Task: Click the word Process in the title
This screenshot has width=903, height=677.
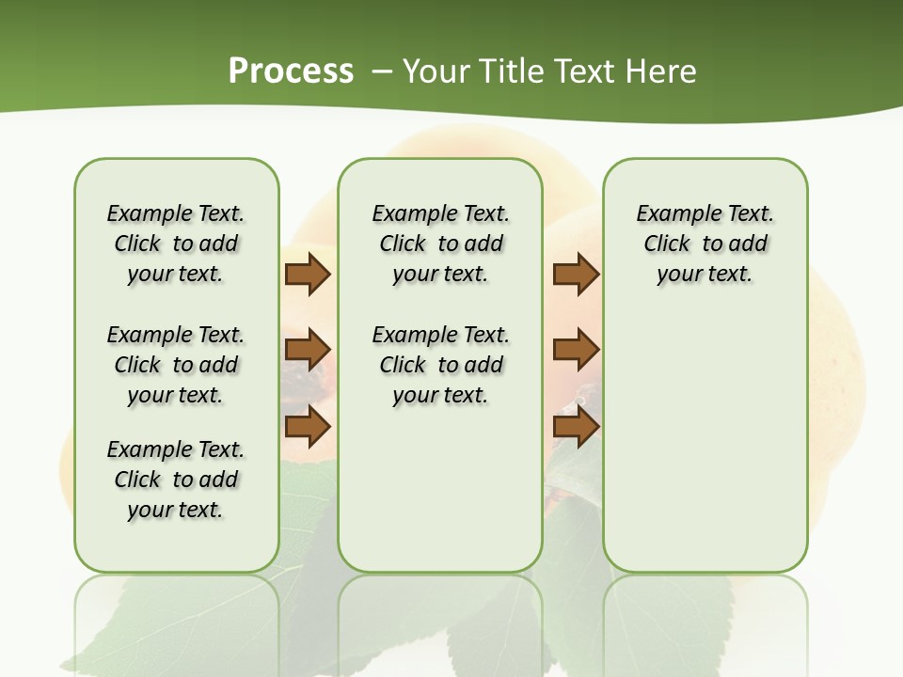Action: pos(291,71)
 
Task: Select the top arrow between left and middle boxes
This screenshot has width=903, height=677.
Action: pos(308,275)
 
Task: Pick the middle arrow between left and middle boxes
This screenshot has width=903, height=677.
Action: pos(308,350)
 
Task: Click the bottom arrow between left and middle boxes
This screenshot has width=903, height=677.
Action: pos(308,426)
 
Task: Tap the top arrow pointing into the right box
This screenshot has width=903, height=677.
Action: pos(576,275)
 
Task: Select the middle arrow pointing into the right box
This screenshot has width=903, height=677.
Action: pos(576,350)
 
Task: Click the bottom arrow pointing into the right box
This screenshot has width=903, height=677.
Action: pos(576,426)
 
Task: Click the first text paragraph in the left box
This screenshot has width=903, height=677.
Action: pos(176,244)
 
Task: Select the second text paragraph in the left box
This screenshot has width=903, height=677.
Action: pos(176,365)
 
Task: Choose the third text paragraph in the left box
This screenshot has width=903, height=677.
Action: pos(176,480)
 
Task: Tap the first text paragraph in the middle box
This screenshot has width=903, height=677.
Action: pos(440,244)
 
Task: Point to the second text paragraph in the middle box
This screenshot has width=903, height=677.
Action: pos(440,365)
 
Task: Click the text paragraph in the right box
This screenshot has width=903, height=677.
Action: pos(705,244)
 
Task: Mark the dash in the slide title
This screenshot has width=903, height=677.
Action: pos(381,71)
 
